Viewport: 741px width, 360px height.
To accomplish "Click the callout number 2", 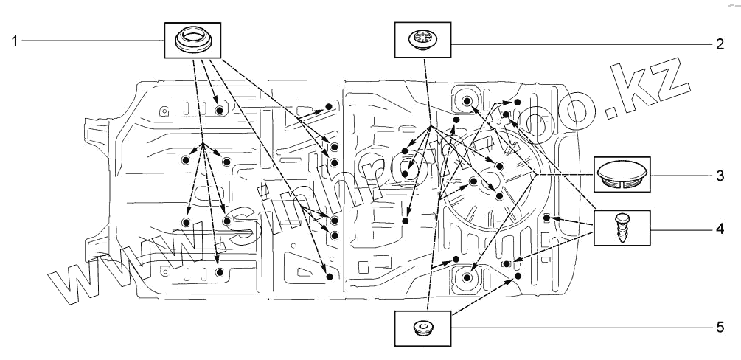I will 719,44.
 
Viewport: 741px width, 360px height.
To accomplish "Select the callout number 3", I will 718,176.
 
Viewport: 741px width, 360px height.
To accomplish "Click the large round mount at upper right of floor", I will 467,100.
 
